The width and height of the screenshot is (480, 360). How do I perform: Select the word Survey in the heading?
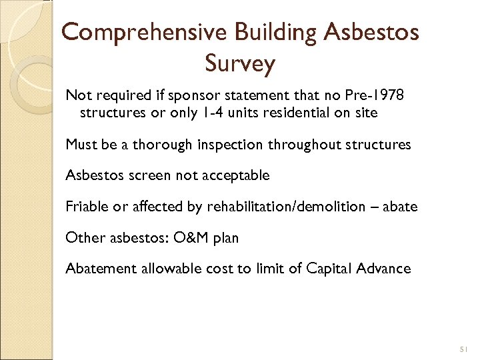coord(240,64)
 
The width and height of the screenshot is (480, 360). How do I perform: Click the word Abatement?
coord(95,269)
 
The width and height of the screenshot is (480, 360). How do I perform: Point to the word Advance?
coord(383,269)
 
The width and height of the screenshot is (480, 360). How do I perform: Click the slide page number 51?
coord(465,349)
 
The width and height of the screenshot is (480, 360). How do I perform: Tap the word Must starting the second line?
coord(79,144)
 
